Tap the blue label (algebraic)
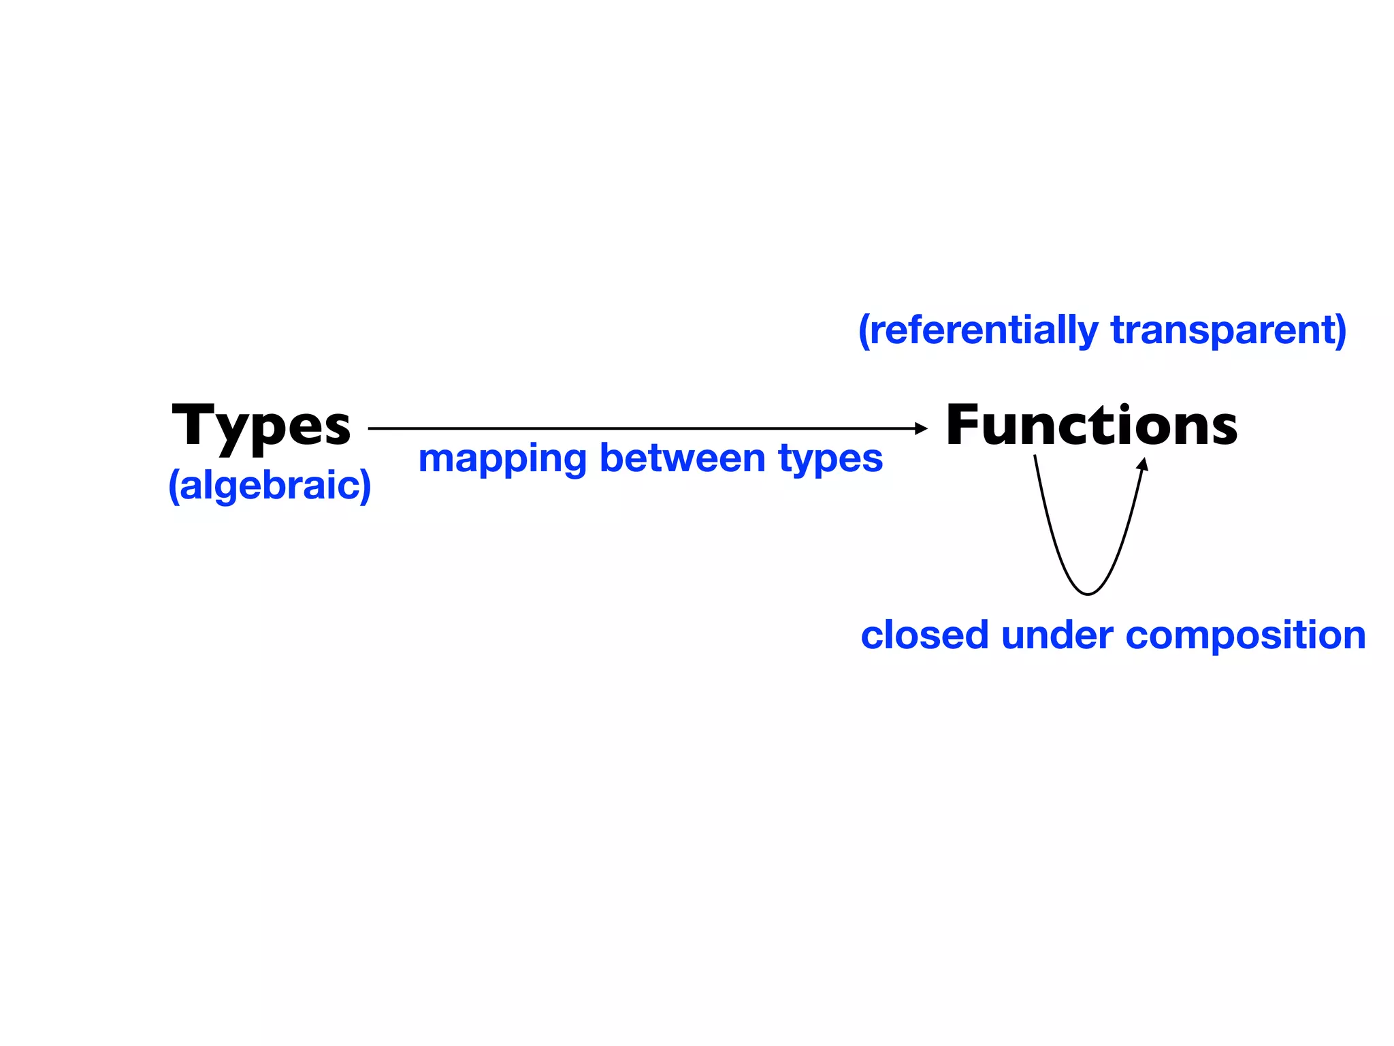270,486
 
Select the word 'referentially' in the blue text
984,330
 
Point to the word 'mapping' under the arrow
502,459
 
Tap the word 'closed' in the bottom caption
924,635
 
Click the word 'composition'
1246,636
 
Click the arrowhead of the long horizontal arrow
922,428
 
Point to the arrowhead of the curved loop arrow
1144,464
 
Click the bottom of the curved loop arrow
1088,594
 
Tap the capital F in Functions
965,426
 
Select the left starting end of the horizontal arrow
370,428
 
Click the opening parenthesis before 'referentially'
864,332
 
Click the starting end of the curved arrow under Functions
1035,458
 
